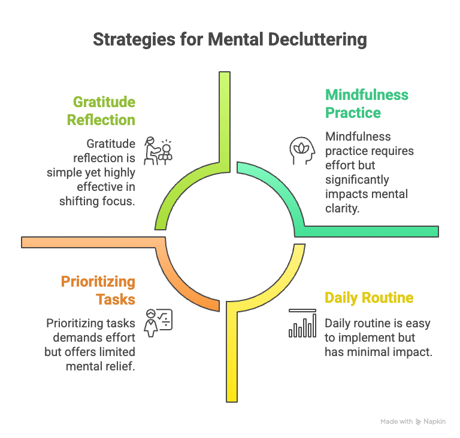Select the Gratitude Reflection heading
coord(101,111)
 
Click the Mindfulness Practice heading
coord(367,104)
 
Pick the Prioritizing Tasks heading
coord(98,290)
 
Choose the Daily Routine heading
coord(368,297)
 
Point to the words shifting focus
coord(98,201)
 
